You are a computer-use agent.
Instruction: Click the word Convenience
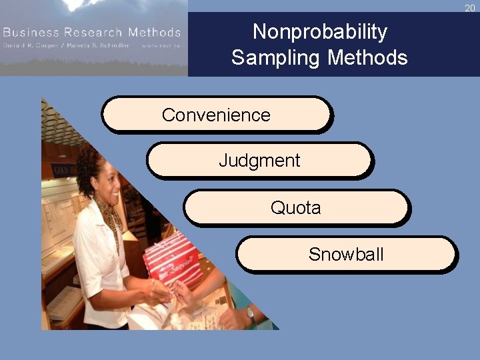[216, 115]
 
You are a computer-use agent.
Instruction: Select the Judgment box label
[259, 161]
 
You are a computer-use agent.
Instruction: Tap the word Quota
[295, 208]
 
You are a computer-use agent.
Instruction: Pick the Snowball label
[346, 254]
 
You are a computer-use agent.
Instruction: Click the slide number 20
[470, 8]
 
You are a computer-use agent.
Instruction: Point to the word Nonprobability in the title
[319, 31]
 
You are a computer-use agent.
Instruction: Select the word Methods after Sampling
[367, 57]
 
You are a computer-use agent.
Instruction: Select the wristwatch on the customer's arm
[251, 313]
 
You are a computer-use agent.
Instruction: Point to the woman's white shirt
[100, 267]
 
